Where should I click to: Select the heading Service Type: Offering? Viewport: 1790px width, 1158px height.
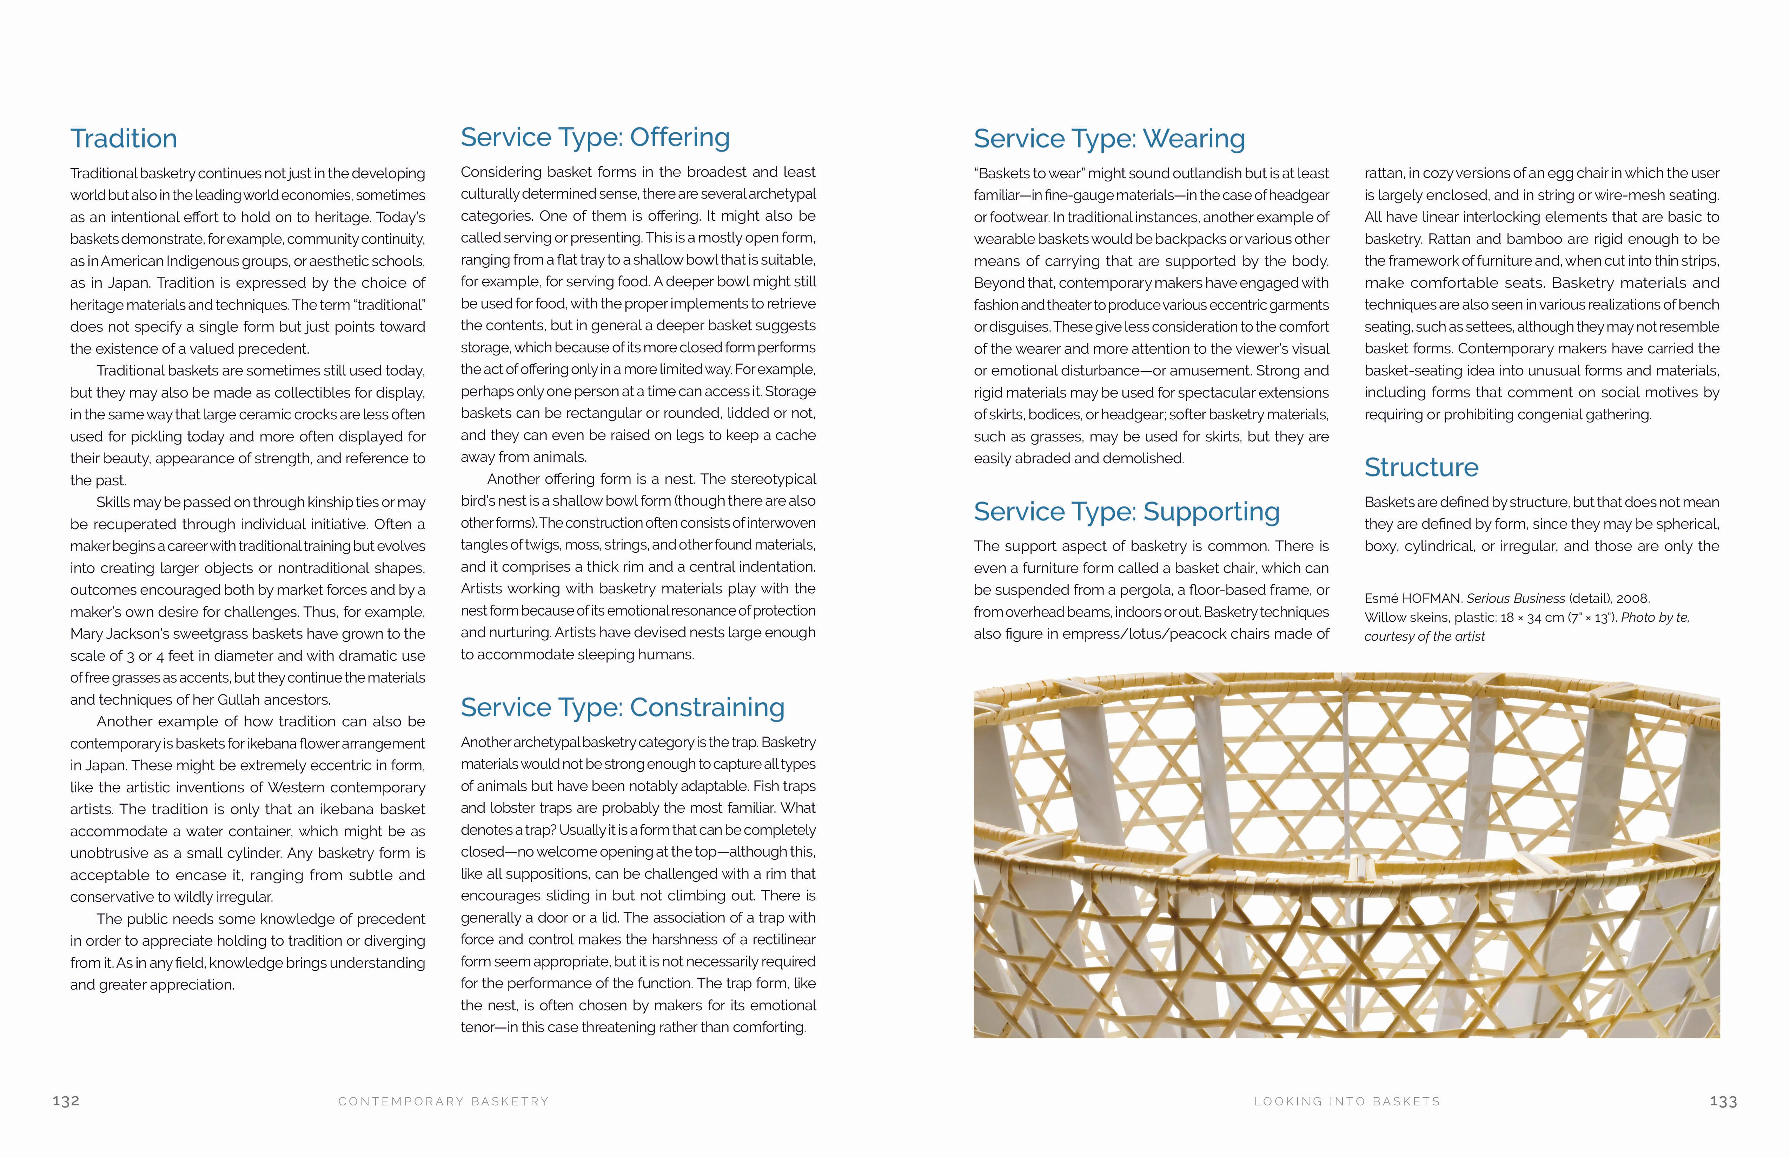click(595, 138)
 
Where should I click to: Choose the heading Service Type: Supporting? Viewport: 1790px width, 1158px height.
click(1126, 512)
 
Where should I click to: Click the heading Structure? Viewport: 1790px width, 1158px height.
click(1421, 468)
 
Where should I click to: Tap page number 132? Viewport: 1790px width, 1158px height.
click(66, 1101)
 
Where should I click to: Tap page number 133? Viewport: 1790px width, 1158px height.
click(1723, 1102)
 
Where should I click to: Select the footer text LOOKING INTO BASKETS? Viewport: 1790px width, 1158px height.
click(1347, 1102)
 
